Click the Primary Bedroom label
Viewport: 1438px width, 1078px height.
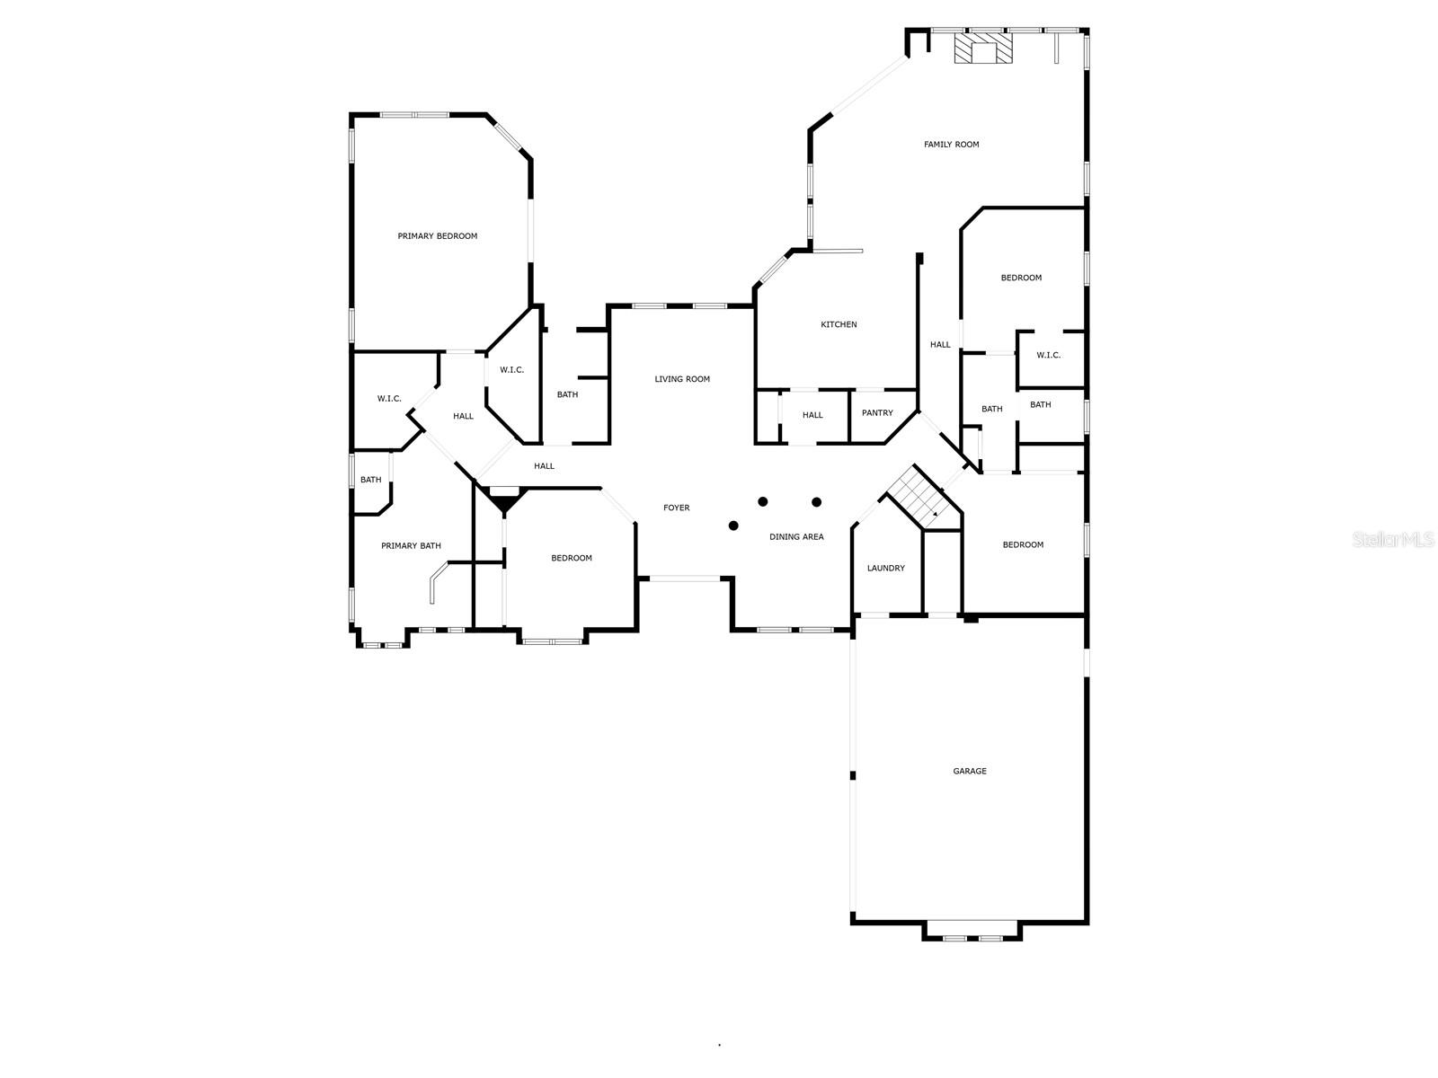tap(438, 236)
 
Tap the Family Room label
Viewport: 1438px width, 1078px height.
tap(951, 145)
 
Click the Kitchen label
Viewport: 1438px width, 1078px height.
tap(839, 324)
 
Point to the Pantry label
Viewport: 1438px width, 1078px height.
tap(877, 413)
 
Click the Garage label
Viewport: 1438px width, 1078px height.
tap(970, 771)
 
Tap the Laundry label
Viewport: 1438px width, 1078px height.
tap(885, 568)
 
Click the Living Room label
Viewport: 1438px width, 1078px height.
tap(682, 379)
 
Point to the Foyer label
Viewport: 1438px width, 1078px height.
tap(677, 508)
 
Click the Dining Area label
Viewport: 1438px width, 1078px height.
tap(796, 537)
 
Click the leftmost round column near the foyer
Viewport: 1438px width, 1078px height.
tap(733, 526)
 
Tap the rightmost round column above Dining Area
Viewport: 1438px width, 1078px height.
tap(816, 501)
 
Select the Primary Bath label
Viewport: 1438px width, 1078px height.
tap(411, 545)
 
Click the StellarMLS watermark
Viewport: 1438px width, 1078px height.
tap(1394, 539)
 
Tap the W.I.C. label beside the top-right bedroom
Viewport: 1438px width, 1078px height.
tap(1048, 355)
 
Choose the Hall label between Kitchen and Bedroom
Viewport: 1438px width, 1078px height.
tap(940, 344)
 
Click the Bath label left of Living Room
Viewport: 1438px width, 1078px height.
tap(567, 394)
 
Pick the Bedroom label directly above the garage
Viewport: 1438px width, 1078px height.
tap(1023, 544)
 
